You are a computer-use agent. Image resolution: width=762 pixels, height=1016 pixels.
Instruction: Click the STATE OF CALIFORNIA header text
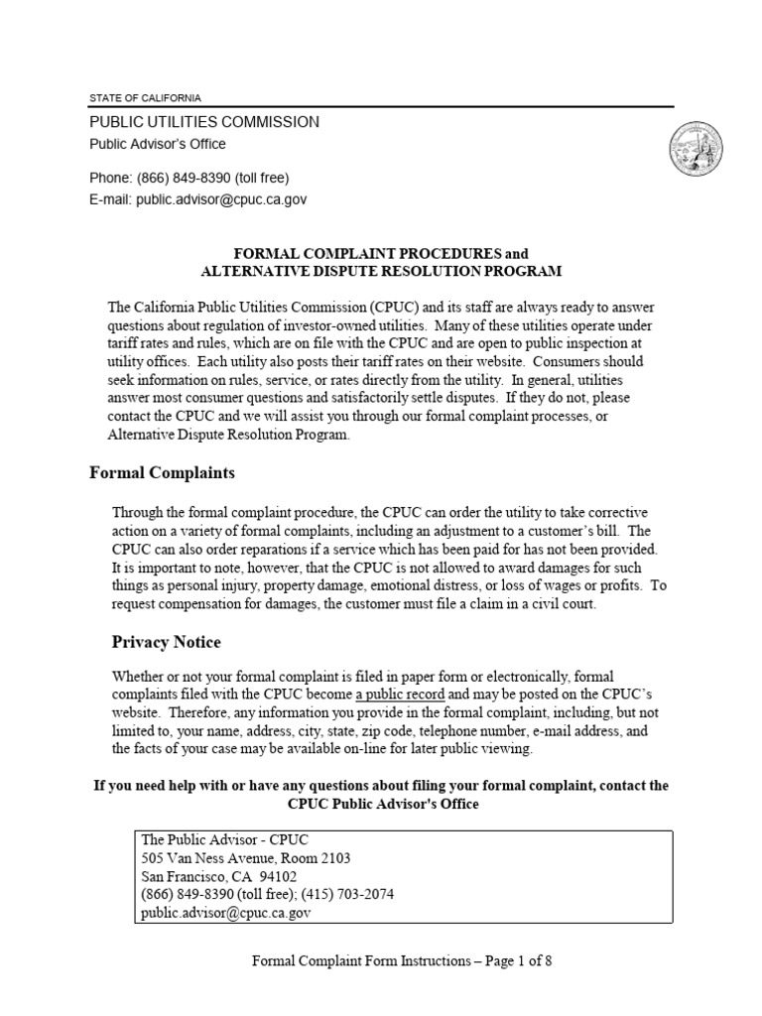click(x=145, y=98)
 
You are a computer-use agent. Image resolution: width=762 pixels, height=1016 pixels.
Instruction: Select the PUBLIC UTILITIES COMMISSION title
click(x=204, y=122)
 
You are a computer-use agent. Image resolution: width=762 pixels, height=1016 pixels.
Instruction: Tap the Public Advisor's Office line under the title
click(x=158, y=144)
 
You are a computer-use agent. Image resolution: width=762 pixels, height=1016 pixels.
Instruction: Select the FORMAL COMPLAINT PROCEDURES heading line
click(x=381, y=255)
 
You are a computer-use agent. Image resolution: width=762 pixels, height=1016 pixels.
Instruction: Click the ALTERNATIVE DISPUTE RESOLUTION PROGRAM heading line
click(x=381, y=271)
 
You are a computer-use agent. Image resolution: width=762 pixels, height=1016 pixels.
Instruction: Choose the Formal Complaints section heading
click(x=163, y=473)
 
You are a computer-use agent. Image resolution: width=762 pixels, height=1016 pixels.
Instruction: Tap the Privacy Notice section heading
click(x=166, y=642)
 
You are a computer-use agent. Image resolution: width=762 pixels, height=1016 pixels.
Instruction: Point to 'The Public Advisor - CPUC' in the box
click(x=214, y=840)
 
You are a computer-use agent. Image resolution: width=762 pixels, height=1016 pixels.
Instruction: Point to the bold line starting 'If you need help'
click(x=381, y=785)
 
